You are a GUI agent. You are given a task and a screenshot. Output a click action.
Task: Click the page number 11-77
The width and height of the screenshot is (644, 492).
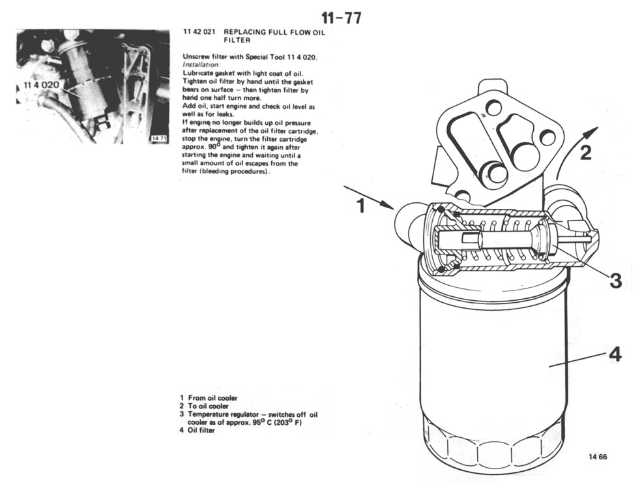(342, 18)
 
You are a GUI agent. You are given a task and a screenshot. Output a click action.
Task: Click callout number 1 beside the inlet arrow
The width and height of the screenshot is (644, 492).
(361, 206)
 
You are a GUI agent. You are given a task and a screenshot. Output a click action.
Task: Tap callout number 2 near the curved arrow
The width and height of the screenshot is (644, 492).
(586, 153)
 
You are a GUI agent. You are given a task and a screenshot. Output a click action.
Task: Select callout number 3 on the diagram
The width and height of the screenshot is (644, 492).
(615, 281)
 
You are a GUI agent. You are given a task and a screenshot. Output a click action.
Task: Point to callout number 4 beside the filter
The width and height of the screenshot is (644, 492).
(615, 354)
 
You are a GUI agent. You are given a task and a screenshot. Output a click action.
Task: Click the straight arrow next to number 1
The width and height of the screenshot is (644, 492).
(369, 197)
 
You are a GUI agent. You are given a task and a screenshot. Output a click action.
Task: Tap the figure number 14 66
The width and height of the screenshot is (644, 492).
(598, 457)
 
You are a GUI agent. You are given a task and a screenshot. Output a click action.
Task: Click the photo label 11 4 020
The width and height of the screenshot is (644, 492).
(42, 85)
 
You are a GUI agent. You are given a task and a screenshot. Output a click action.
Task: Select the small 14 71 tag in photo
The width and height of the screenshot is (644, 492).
(159, 138)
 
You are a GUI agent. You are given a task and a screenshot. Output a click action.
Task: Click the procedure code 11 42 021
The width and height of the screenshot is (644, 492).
(199, 32)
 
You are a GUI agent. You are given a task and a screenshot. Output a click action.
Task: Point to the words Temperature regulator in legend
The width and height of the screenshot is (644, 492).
(224, 414)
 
